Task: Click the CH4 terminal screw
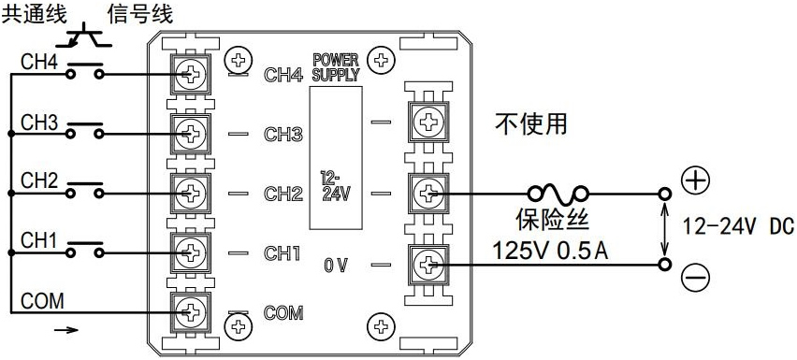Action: (191, 73)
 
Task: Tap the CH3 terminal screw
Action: (191, 134)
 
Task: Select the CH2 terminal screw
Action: (191, 194)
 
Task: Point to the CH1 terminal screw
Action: (191, 252)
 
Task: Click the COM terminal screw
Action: (191, 310)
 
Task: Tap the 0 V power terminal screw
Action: (429, 265)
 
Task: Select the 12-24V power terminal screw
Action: (429, 194)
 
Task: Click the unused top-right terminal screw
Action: (429, 121)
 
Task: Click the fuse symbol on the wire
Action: (558, 194)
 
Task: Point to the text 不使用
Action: (532, 122)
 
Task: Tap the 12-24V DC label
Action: (736, 225)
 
